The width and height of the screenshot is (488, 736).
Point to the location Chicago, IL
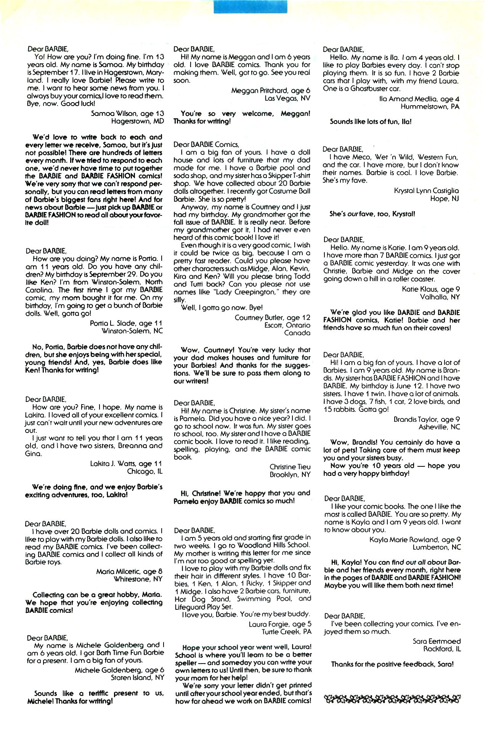145,472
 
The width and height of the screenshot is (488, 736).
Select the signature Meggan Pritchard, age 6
271,90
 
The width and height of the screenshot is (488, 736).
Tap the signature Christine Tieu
290,467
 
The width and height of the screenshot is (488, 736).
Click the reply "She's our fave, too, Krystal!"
372,214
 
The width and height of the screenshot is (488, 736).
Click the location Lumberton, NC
437,547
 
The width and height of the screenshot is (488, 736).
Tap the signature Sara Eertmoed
437,641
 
